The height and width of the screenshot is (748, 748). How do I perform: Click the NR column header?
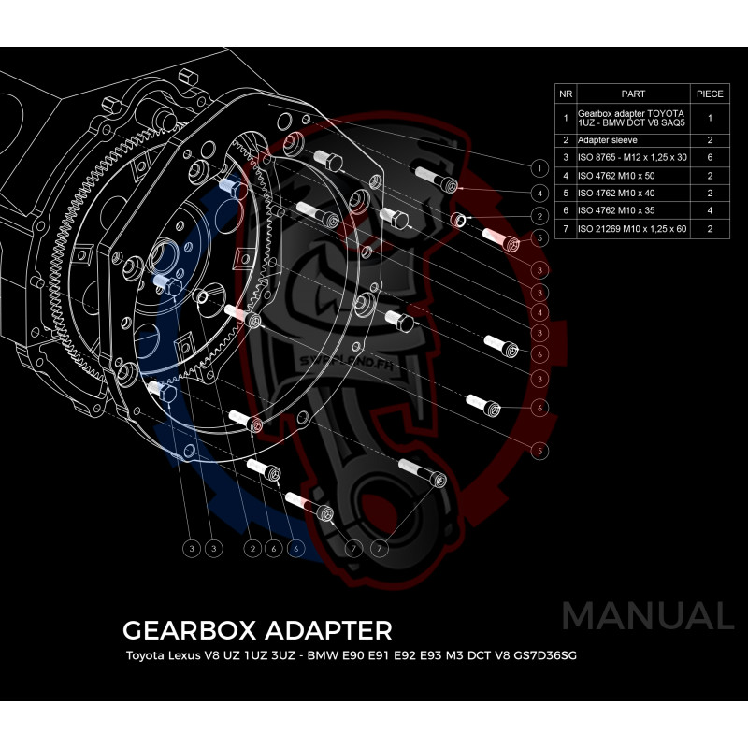565,94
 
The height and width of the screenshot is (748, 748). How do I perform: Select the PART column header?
633,94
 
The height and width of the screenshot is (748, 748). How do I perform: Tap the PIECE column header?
711,94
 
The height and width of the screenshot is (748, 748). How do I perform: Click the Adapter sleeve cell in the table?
608,139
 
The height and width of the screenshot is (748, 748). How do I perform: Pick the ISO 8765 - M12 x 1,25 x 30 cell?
632,157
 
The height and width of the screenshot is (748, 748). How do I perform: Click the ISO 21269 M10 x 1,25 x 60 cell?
632,228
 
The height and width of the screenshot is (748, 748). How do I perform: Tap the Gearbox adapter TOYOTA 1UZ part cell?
632,119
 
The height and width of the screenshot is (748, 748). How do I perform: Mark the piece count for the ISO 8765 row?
711,157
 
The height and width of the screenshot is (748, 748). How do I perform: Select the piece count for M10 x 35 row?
711,210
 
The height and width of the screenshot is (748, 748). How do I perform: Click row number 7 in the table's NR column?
565,228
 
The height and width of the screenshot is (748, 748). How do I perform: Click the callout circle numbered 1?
538,168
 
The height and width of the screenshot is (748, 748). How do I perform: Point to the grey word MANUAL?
647,616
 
